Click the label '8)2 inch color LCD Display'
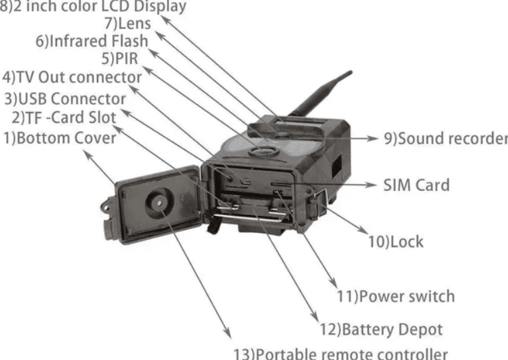tap(93, 6)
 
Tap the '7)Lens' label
tap(128, 23)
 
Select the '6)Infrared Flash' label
tap(91, 41)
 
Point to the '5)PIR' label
tap(120, 58)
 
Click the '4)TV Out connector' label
tap(71, 78)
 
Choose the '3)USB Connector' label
tap(65, 99)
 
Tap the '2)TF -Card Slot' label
tap(64, 117)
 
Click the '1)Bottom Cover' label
tap(60, 138)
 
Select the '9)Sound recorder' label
tap(446, 139)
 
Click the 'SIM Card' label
tap(417, 185)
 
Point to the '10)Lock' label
tap(395, 242)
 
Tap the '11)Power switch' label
tap(395, 297)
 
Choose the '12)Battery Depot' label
tap(381, 330)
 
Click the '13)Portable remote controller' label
tap(341, 354)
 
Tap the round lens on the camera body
tap(264, 151)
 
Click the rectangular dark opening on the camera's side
tap(337, 166)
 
